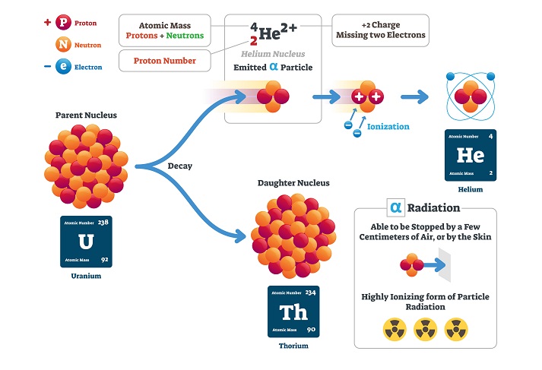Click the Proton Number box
pos(165,61)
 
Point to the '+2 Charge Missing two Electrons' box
pos(379,30)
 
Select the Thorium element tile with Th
pos(293,311)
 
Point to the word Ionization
pos(388,127)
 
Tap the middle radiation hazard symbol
pos(425,329)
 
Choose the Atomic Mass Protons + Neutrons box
pos(165,30)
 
